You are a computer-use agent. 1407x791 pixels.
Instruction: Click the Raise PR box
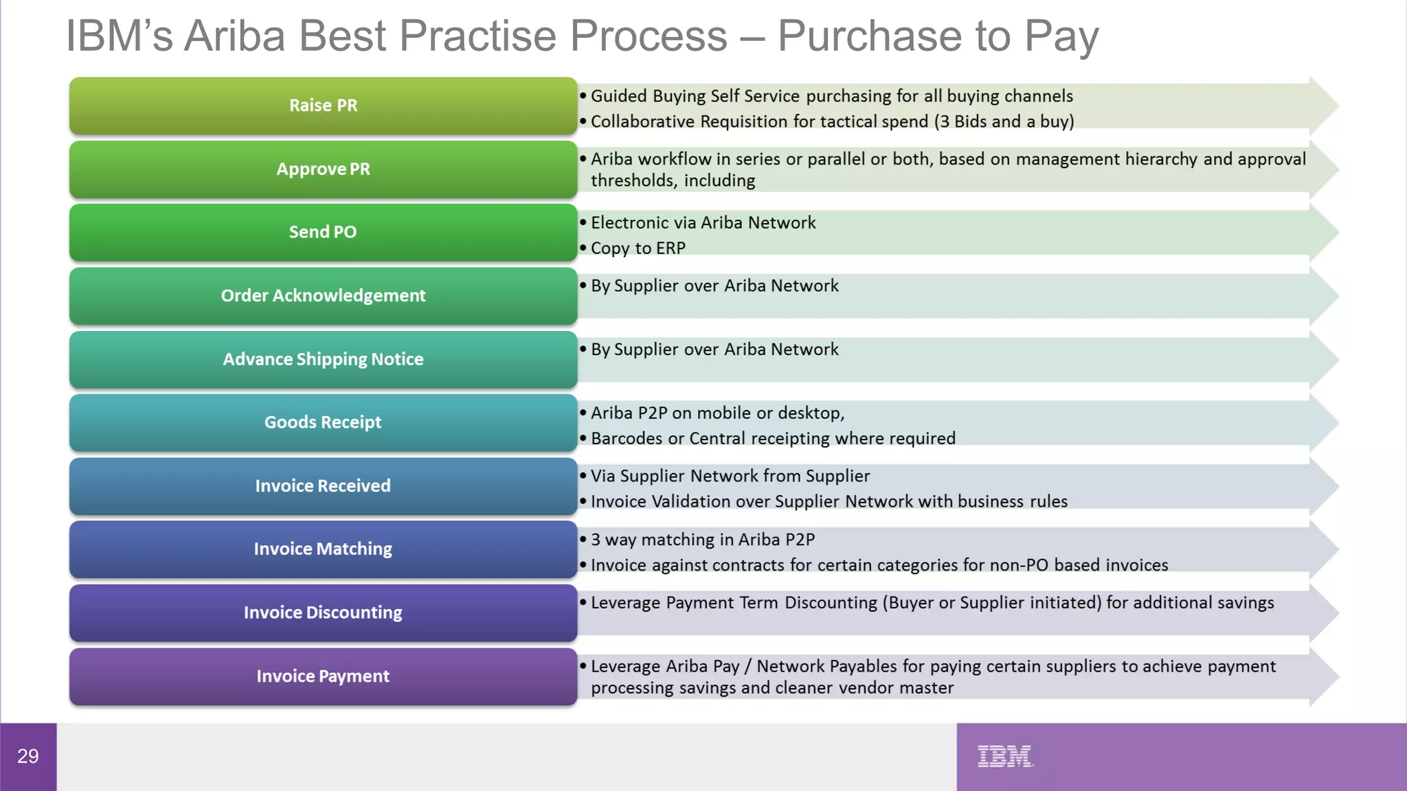(x=323, y=106)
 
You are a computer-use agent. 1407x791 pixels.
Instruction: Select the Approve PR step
(x=323, y=170)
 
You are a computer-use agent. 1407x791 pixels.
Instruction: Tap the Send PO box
(x=323, y=232)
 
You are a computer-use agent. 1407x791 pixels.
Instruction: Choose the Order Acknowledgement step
(x=323, y=296)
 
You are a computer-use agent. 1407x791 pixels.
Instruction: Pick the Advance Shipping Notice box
(x=323, y=359)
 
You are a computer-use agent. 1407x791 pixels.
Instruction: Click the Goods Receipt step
(x=323, y=422)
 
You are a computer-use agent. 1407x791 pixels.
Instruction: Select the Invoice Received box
(x=323, y=486)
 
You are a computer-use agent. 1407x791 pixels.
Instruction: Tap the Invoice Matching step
(x=323, y=549)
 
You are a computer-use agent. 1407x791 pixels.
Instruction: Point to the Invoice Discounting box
(x=323, y=612)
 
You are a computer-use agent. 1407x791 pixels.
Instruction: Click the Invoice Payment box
(x=323, y=676)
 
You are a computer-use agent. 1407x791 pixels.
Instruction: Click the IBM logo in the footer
(x=1004, y=756)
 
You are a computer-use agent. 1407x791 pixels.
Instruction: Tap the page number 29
(x=27, y=756)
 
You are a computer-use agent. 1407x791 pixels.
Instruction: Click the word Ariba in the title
(x=234, y=36)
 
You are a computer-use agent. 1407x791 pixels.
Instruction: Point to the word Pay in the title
(x=1061, y=36)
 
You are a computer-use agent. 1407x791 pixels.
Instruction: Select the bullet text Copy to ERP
(x=638, y=248)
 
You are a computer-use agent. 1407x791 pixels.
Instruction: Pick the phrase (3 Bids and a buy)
(x=1004, y=122)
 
